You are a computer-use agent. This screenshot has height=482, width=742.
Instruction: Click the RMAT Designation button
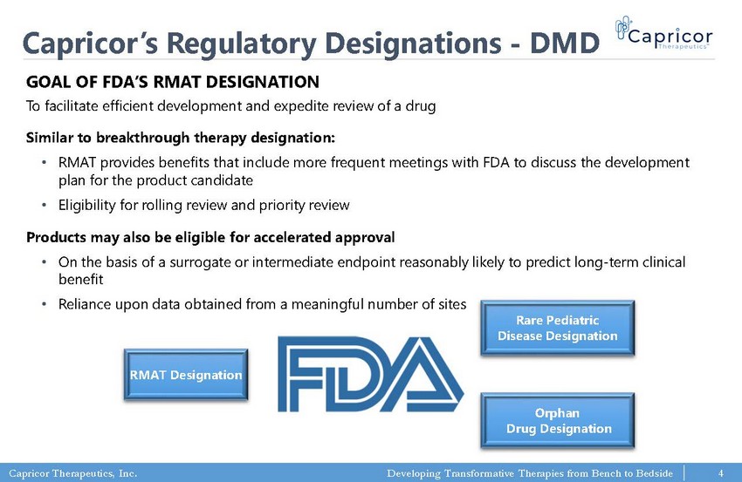point(186,375)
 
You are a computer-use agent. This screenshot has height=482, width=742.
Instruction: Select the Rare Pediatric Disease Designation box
point(558,328)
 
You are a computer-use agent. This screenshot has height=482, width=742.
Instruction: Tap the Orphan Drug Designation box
point(558,421)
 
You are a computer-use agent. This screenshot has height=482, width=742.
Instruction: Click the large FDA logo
point(370,374)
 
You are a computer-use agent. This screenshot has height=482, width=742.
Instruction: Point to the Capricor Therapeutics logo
point(664,33)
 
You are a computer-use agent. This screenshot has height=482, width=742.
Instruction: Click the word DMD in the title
point(565,43)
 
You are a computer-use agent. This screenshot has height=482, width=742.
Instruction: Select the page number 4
point(721,473)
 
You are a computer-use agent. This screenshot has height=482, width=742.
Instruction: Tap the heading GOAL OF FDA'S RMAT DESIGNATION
point(173,82)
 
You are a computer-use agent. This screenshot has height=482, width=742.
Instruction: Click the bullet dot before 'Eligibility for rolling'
point(44,205)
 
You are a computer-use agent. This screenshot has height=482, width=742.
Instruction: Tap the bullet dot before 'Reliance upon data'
point(44,304)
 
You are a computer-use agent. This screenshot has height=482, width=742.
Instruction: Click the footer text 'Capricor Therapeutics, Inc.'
point(72,473)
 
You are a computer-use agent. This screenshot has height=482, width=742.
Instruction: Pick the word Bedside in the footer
point(655,473)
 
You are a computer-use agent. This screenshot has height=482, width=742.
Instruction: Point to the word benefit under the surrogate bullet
point(80,279)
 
